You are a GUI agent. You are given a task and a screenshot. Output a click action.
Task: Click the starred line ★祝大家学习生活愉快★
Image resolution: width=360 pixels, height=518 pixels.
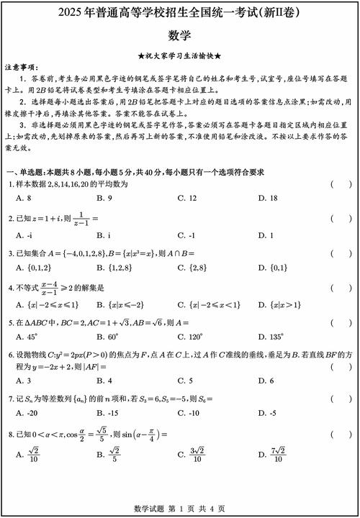click(x=179, y=55)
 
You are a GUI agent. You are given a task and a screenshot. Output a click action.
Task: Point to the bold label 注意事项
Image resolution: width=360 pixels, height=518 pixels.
click(x=19, y=65)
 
